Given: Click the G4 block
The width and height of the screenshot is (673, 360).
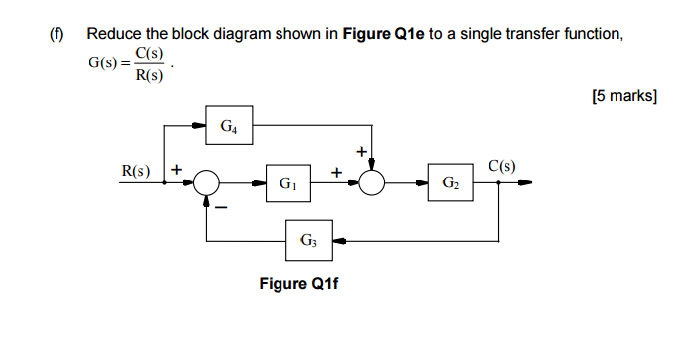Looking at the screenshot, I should pos(229,126).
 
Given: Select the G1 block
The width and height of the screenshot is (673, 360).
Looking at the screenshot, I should pos(288,183).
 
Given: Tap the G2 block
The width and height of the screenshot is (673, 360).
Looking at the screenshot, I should pos(451,183).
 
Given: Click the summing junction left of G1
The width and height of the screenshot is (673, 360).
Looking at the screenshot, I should pos(207,183).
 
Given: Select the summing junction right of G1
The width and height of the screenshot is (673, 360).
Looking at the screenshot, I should pos(372,183).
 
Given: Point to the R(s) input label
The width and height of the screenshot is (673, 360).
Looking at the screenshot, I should pos(136,170).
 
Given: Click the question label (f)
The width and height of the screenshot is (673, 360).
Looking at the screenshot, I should pos(56,35).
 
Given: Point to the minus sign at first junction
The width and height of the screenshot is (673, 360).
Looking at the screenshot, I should pos(222,207).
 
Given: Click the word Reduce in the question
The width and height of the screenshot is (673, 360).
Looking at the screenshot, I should pos(115,35).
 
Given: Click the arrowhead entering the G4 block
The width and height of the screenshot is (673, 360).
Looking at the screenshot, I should pos(200,126).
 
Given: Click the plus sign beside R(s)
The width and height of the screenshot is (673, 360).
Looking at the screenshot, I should pos(177,169).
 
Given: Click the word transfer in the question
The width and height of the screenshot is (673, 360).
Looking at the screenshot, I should pos(534,35).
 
